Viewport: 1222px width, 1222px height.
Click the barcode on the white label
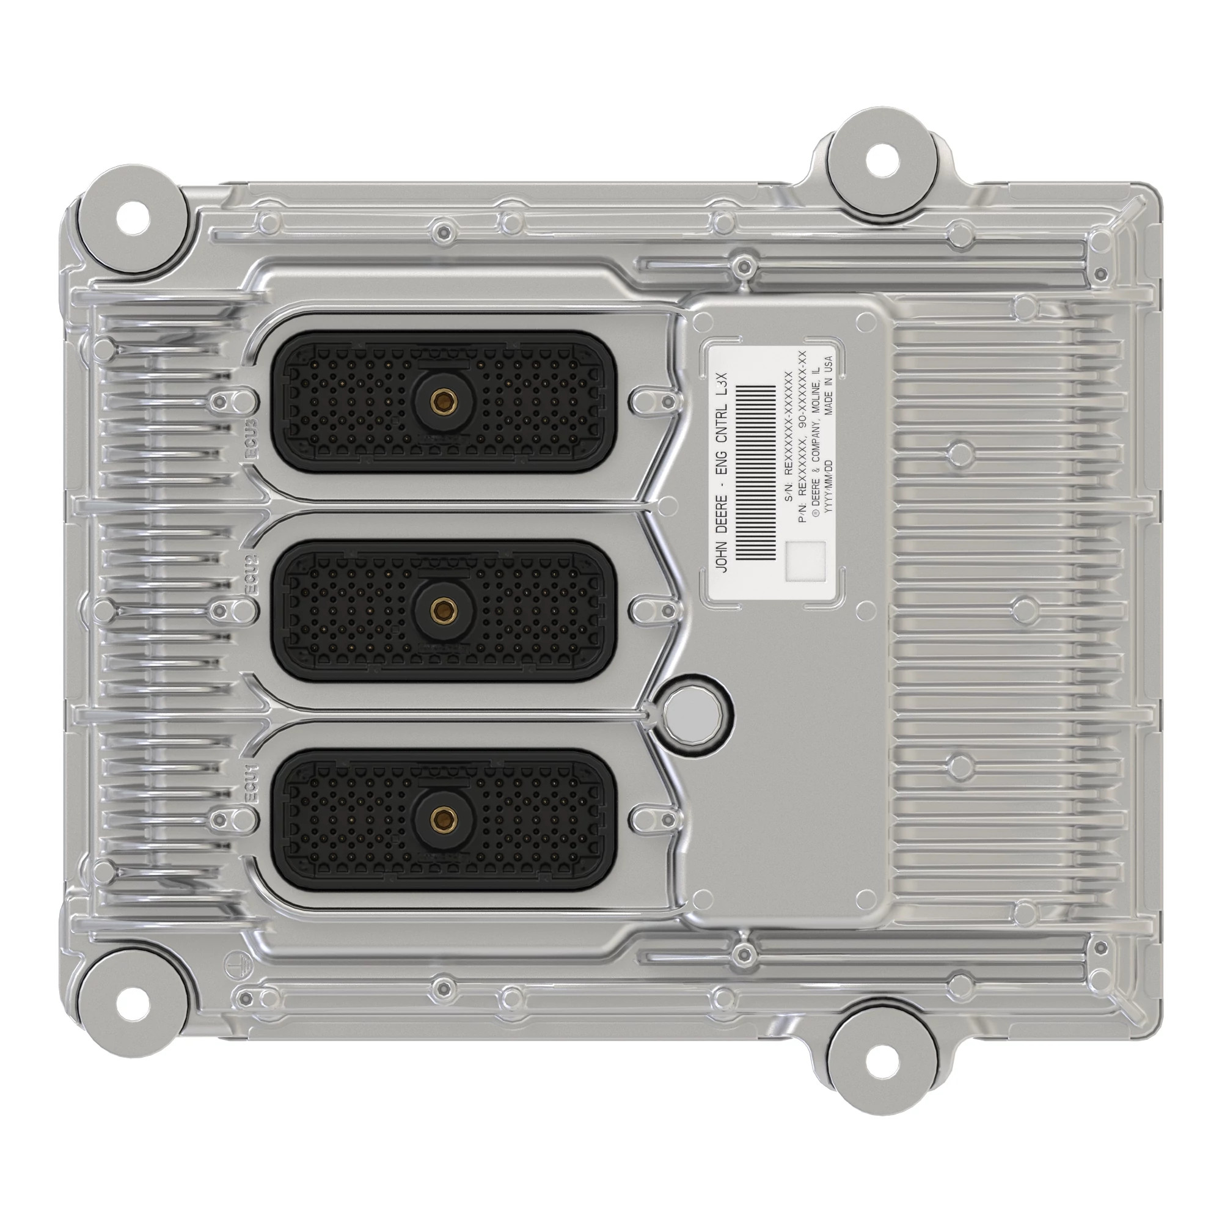click(757, 472)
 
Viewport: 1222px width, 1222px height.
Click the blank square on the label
click(805, 561)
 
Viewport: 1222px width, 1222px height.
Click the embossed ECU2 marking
click(251, 574)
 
